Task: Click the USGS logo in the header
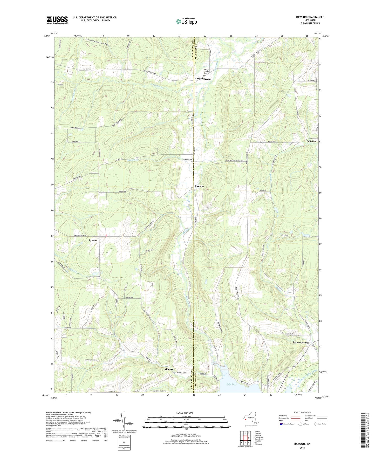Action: [x=57, y=20]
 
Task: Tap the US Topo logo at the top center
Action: [x=186, y=21]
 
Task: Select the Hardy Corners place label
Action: [x=203, y=79]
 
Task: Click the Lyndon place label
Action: [x=93, y=240]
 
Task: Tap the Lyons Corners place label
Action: [x=301, y=342]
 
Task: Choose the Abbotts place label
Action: [x=169, y=369]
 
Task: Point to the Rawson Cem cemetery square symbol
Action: [x=192, y=162]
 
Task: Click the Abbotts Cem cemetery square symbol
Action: [x=175, y=373]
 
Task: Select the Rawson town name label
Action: [x=199, y=186]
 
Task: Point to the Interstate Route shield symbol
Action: [x=281, y=424]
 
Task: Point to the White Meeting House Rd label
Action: [x=234, y=161]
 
